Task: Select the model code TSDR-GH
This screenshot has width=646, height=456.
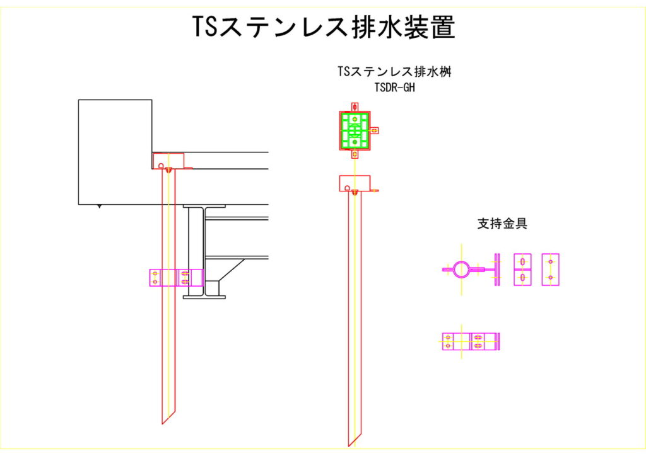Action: [x=394, y=88]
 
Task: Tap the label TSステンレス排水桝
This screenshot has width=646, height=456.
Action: [x=394, y=72]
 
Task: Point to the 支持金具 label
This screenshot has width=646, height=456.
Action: [x=502, y=223]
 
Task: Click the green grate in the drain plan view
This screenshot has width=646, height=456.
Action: [x=355, y=130]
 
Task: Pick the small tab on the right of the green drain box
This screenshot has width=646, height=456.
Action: [x=375, y=130]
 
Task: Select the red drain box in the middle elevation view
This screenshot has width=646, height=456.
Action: [x=355, y=183]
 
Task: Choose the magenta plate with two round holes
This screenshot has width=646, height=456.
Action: [x=550, y=270]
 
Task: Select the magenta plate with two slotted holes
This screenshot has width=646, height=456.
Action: [x=522, y=270]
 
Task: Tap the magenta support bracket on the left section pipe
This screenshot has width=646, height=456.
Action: [x=176, y=277]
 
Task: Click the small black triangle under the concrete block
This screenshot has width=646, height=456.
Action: [x=98, y=207]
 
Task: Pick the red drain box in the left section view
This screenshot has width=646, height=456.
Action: [x=168, y=161]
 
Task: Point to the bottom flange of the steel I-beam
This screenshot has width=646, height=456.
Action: [x=204, y=295]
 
